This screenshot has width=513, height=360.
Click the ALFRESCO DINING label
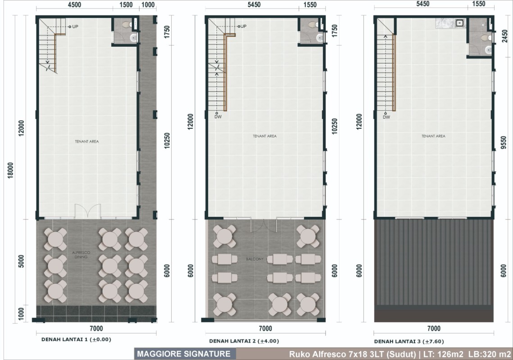click(81, 255)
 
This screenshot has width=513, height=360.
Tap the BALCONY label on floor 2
click(254, 259)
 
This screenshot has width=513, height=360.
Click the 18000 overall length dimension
click(11, 170)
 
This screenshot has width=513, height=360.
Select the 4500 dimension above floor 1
click(74, 4)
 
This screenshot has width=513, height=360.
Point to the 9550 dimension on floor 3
click(504, 143)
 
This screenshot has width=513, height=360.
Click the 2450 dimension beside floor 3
click(504, 36)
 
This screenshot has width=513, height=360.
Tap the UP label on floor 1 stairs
click(75, 27)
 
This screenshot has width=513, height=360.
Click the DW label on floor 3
click(386, 117)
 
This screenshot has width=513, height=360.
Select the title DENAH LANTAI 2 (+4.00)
click(244, 341)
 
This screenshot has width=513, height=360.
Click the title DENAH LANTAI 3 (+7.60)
click(409, 342)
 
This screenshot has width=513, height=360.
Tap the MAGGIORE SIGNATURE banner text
click(184, 354)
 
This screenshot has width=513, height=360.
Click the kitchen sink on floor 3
click(460, 23)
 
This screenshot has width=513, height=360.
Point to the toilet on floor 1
click(126, 24)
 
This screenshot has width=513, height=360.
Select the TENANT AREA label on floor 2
click(264, 136)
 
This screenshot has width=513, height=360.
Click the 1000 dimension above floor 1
click(148, 4)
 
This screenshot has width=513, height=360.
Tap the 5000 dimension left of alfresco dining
click(21, 261)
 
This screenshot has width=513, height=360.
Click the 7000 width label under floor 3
click(434, 328)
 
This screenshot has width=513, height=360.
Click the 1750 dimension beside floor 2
click(334, 31)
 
